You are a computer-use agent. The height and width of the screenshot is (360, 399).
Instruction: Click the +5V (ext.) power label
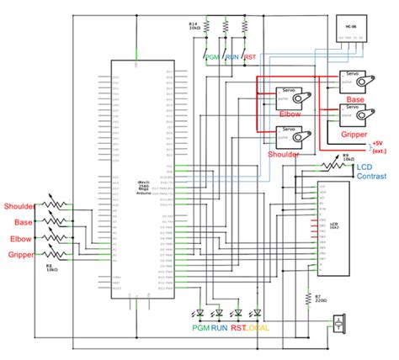(380, 148)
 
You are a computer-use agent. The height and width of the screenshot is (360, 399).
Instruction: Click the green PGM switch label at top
(212, 57)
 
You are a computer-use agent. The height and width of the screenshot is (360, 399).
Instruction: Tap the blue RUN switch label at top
(231, 57)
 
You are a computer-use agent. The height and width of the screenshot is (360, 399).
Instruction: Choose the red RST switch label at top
(250, 57)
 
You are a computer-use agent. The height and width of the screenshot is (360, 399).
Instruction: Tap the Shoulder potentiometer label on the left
(19, 206)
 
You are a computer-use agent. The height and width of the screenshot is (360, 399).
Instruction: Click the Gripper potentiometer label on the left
(21, 254)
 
